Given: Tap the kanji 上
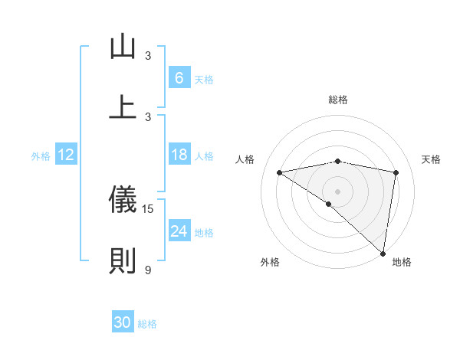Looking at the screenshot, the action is click(x=123, y=106).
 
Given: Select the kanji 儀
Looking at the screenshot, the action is click(x=123, y=200).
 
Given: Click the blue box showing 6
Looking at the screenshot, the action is click(x=179, y=78).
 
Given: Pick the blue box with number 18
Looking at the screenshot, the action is click(x=179, y=155).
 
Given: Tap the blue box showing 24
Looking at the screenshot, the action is click(x=179, y=231).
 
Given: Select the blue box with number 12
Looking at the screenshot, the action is click(x=66, y=155).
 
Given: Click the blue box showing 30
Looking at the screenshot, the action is click(x=122, y=322).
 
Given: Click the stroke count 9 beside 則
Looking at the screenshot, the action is click(x=148, y=270).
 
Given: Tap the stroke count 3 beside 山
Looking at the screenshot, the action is click(x=148, y=55).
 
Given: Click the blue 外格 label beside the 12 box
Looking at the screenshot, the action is click(x=41, y=156).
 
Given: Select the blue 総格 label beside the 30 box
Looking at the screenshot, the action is click(x=147, y=324).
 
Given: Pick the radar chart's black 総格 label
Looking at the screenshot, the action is click(x=337, y=100).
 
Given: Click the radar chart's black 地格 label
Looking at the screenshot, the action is click(x=402, y=263).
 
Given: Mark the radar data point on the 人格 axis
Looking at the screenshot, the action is click(x=280, y=172).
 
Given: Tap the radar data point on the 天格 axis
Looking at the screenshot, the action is click(x=396, y=172).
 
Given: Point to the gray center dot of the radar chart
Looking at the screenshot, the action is click(x=337, y=191).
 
